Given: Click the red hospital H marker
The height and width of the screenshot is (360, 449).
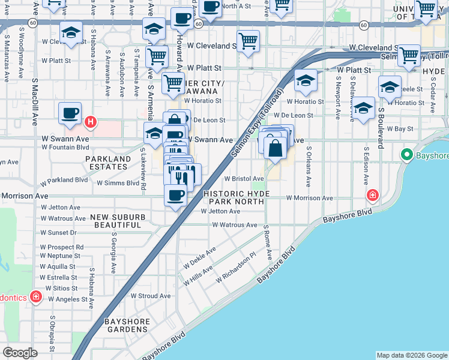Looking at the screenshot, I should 90,123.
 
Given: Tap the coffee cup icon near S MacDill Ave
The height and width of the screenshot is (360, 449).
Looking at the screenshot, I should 70,113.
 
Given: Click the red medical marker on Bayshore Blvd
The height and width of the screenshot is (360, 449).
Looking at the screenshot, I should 372,195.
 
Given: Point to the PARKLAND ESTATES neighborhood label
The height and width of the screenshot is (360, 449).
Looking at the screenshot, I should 108,163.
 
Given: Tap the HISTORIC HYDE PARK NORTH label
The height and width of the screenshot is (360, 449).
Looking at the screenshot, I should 234,198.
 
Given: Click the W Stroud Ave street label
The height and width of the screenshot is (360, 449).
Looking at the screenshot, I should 151,296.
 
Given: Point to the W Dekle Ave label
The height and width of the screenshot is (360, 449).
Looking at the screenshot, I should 203,257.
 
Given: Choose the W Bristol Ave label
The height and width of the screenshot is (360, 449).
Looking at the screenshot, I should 244,179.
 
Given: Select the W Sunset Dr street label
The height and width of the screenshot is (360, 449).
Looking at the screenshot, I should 58,233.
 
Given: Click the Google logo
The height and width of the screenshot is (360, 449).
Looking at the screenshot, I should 20,353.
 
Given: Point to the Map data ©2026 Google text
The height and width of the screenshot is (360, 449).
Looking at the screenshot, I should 411,355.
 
